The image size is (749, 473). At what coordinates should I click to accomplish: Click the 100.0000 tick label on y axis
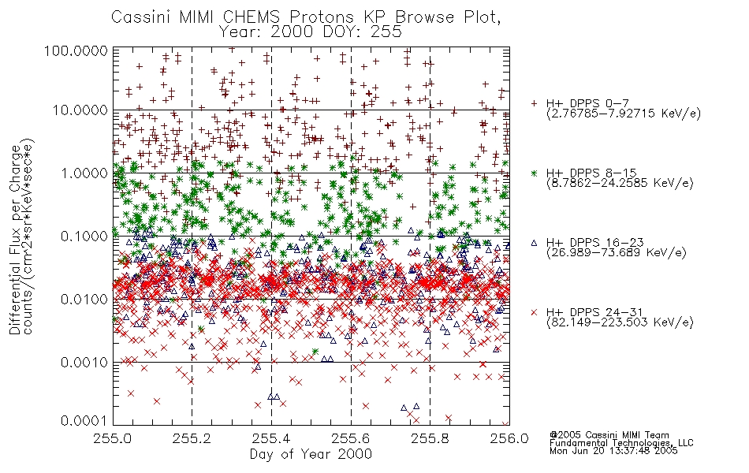coord(75,51)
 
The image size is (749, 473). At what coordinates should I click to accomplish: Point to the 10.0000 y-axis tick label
coord(78,110)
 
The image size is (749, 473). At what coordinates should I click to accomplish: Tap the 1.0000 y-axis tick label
coord(81,173)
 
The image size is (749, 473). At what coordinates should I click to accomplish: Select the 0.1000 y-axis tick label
coord(81,236)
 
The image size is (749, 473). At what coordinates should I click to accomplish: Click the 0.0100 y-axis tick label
coord(81,299)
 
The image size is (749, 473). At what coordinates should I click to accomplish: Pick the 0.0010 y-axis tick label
coord(81,362)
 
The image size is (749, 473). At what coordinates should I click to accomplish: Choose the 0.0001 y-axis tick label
coord(81,421)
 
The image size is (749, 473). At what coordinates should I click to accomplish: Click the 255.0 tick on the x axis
coord(114,438)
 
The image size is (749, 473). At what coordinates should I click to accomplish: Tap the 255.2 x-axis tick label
coord(192,438)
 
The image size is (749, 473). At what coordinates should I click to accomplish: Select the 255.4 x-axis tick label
coord(271,438)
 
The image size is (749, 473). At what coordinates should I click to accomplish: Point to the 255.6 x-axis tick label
coord(351,438)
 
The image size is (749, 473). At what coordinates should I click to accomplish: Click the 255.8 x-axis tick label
coord(430,438)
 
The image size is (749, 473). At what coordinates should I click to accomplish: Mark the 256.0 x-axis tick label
coord(509,438)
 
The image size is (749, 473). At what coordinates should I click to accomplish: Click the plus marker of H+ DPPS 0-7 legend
coord(534,103)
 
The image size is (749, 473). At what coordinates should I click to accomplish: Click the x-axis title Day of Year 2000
coord(311,454)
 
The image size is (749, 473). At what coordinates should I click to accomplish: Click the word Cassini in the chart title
coord(140,17)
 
